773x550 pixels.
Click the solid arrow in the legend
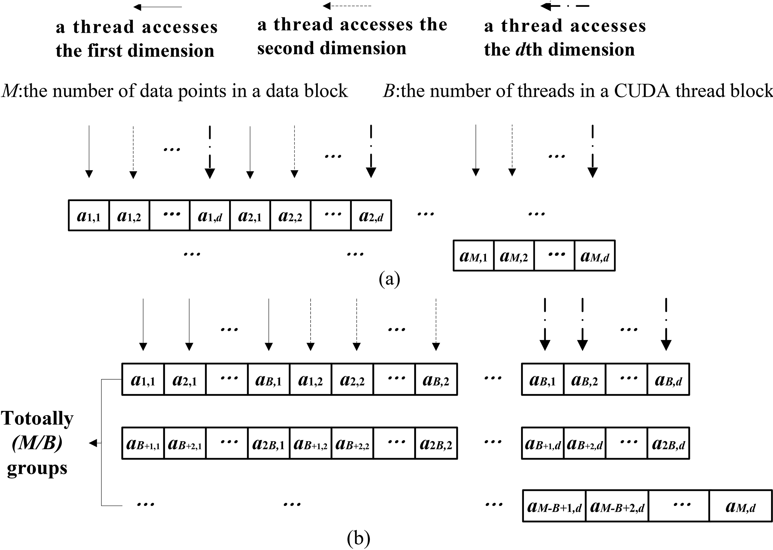[158, 7]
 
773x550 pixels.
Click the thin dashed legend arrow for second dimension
[347, 6]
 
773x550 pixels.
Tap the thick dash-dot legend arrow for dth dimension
[565, 6]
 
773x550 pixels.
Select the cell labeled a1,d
[210, 215]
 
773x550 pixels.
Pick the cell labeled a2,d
[371, 215]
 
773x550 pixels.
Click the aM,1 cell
[474, 256]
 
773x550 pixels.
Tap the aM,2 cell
[514, 256]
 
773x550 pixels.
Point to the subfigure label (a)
[389, 279]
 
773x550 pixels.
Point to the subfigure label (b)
[359, 539]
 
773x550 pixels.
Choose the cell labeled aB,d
[668, 379]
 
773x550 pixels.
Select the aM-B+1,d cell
[554, 506]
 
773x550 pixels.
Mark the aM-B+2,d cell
[617, 506]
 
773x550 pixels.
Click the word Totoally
[37, 419]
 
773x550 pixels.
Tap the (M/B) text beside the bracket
[37, 443]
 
